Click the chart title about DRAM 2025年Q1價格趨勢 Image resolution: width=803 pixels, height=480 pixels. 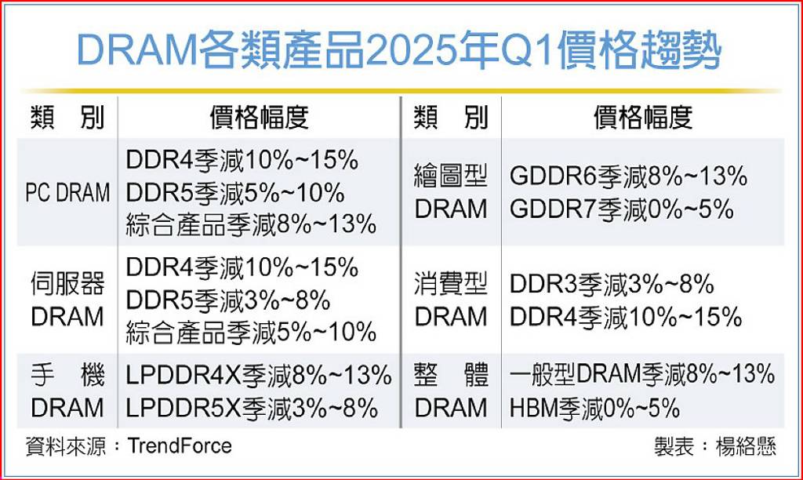tap(399, 50)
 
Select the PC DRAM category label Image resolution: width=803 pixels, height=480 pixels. tap(67, 193)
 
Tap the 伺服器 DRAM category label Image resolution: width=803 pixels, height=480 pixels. tap(67, 300)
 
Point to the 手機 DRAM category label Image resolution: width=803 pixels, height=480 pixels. tap(67, 391)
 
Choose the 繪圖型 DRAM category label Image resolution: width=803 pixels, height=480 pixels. tap(451, 193)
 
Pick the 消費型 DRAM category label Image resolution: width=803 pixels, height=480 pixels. tap(451, 300)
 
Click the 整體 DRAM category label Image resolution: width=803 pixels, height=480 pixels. tap(451, 391)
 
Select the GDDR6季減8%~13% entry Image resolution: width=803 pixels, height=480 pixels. tap(628, 176)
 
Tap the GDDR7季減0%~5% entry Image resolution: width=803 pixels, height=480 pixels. tap(622, 209)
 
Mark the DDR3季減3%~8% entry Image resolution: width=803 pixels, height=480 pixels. tap(612, 284)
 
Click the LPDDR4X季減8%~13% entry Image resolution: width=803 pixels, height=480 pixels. tap(259, 376)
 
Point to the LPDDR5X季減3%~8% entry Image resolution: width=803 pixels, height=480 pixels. tap(252, 409)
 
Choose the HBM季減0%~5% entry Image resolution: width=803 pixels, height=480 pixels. tap(594, 409)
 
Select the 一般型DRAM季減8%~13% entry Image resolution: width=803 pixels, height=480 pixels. tap(642, 374)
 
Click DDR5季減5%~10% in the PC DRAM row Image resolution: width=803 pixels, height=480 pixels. tap(235, 193)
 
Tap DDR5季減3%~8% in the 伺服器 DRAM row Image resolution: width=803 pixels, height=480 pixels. tap(228, 300)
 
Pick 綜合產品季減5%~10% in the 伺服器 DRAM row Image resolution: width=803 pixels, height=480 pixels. tap(251, 333)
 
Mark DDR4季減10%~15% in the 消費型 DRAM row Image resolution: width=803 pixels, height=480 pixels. tap(626, 317)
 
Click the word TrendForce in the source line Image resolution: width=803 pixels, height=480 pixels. tap(180, 445)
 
